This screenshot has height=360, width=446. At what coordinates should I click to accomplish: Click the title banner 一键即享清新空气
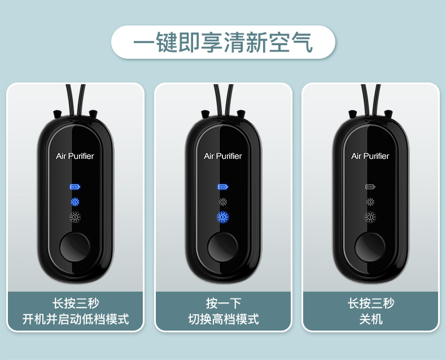point(224,42)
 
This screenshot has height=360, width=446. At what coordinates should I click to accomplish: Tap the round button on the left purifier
point(75,246)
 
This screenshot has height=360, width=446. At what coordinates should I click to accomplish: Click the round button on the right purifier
point(370,246)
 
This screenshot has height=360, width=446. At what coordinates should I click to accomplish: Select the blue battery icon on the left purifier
point(75,187)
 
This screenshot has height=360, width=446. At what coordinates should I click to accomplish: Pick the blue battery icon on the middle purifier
point(223,187)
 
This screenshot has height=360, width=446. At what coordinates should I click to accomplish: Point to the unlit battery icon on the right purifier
point(370,187)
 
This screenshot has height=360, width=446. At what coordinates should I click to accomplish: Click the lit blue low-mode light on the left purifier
point(75,202)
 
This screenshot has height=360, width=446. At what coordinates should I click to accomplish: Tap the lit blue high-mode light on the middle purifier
point(223,218)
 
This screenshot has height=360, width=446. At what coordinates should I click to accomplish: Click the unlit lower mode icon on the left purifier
point(75,218)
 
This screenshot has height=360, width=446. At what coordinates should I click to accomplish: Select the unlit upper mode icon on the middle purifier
point(223,202)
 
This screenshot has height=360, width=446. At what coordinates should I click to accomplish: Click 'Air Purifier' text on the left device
point(75,156)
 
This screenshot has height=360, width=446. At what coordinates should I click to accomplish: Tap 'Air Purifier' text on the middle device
point(222,156)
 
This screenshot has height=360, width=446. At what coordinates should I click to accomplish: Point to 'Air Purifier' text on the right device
point(370,156)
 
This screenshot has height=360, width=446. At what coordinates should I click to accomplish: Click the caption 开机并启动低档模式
point(76,319)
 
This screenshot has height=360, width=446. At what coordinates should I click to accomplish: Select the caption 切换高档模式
point(224,319)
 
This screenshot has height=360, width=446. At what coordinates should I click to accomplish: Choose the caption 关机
point(371,319)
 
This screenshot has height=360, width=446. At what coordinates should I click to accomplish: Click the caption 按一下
point(224,303)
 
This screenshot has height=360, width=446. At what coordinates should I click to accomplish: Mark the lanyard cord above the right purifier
point(370,99)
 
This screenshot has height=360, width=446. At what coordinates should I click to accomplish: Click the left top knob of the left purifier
point(58,114)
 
